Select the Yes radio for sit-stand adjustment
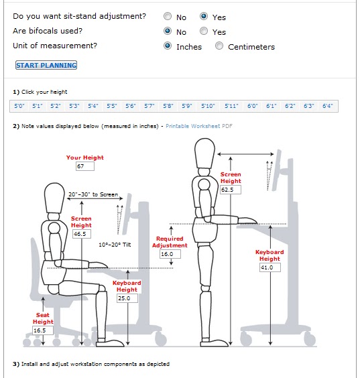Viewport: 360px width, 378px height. tap(204, 16)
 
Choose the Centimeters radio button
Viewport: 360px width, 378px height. tap(219, 46)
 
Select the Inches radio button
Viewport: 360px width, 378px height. tap(168, 46)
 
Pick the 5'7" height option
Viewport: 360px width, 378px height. tap(149, 106)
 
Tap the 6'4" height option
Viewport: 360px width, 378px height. tap(328, 106)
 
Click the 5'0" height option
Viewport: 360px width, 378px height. tap(19, 106)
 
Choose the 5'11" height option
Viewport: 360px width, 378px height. tap(231, 106)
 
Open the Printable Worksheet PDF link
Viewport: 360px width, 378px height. tap(199, 126)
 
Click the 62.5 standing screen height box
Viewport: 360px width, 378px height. tap(231, 190)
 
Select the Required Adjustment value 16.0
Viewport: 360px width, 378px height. tap(167, 254)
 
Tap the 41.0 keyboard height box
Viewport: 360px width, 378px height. tap(269, 267)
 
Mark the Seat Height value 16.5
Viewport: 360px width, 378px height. tap(42, 330)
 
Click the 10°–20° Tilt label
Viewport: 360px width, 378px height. tap(115, 245)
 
